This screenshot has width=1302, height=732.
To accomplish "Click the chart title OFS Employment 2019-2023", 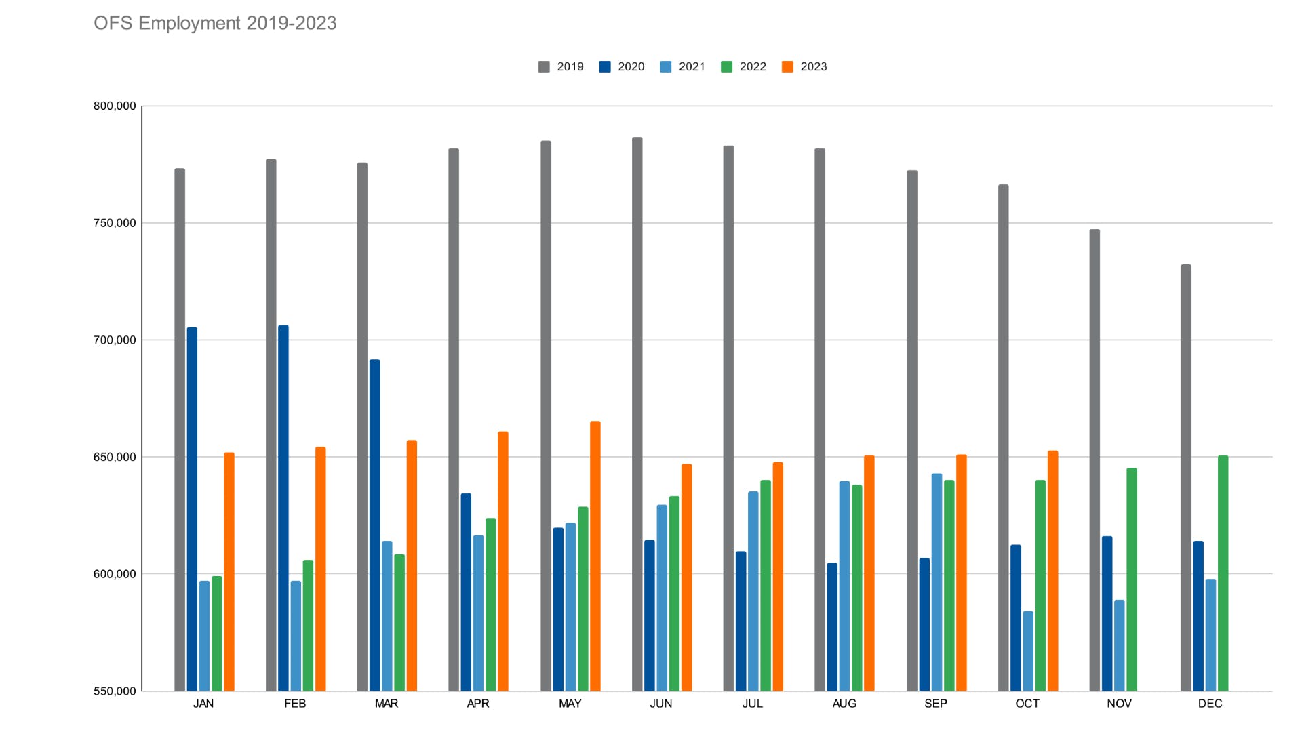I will (x=215, y=23).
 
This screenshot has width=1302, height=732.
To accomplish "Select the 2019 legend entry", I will (x=561, y=66).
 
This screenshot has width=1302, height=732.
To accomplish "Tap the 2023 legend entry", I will (x=804, y=66).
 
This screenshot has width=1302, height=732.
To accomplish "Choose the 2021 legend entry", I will (x=683, y=66).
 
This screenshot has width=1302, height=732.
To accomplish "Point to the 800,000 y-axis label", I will (x=115, y=106).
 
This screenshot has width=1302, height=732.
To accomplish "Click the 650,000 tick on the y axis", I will (x=115, y=457).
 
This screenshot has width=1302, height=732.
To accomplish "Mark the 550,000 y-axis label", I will (x=115, y=691).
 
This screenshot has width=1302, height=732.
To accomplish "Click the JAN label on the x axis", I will (x=203, y=704).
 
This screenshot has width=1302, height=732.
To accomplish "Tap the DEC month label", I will (x=1210, y=704).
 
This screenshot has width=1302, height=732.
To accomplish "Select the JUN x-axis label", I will (x=661, y=704).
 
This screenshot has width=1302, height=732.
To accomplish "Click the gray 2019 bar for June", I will (x=637, y=413).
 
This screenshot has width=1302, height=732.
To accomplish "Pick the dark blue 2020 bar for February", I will (x=283, y=508).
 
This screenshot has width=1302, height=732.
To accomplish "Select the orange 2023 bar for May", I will (x=595, y=556).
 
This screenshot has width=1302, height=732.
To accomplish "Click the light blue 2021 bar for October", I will (x=1028, y=651).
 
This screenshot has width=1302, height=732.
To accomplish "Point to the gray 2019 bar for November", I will (x=1094, y=461).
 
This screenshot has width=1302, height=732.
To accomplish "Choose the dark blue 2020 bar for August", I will (x=832, y=627).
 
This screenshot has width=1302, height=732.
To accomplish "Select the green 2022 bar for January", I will (x=217, y=634).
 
